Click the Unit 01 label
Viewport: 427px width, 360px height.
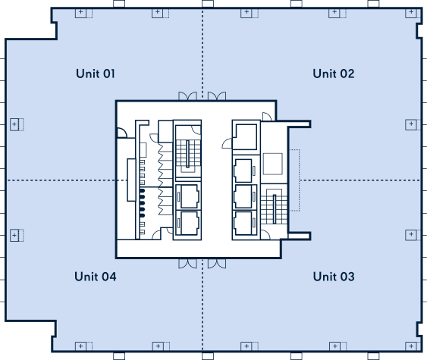pos(96,74)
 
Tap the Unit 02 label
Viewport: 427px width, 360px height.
pos(334,74)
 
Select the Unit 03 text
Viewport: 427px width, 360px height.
pos(334,277)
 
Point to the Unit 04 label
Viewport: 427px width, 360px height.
pos(96,277)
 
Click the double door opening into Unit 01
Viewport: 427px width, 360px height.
pos(187,96)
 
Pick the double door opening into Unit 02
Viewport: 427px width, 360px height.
pos(217,96)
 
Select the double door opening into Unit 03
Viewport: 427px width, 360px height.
pos(217,264)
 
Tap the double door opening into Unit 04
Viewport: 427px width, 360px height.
pos(187,264)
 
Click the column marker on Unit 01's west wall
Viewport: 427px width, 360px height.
pos(17,124)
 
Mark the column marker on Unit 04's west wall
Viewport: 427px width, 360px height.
pos(17,235)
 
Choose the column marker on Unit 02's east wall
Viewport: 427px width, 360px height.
pos(413,124)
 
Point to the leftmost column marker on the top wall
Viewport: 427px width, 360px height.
pos(83,13)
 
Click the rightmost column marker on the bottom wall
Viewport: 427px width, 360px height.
pos(413,346)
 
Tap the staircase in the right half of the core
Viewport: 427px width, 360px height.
pos(275,206)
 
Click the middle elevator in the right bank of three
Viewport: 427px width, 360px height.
pos(245,197)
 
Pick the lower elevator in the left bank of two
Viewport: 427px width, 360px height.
pos(188,223)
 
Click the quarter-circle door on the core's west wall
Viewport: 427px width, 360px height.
pos(122,133)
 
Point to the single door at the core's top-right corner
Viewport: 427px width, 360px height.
pos(267,117)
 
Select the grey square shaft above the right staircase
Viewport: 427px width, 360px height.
pos(272,164)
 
